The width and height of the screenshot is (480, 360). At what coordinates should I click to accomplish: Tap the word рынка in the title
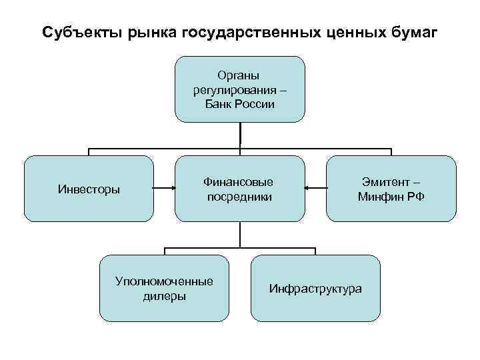pos(137,33)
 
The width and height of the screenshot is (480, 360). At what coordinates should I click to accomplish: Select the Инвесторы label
pos(89,189)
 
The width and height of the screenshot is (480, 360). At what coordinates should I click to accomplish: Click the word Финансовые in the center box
pos(239,182)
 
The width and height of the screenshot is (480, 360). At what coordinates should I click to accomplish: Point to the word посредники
pos(239,197)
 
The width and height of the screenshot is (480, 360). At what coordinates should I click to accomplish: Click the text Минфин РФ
pos(391,197)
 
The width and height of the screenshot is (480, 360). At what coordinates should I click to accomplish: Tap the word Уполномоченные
pos(164,281)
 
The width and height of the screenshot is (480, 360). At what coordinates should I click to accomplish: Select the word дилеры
pos(164,296)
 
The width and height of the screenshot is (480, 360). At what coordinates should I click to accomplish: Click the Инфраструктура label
pos(315,289)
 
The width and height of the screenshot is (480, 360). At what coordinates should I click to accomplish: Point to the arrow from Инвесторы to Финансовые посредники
pos(164,189)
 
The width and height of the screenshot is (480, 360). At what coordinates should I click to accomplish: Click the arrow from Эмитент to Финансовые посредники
pos(315,189)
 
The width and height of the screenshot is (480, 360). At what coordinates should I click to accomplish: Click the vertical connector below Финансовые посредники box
pos(239,235)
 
